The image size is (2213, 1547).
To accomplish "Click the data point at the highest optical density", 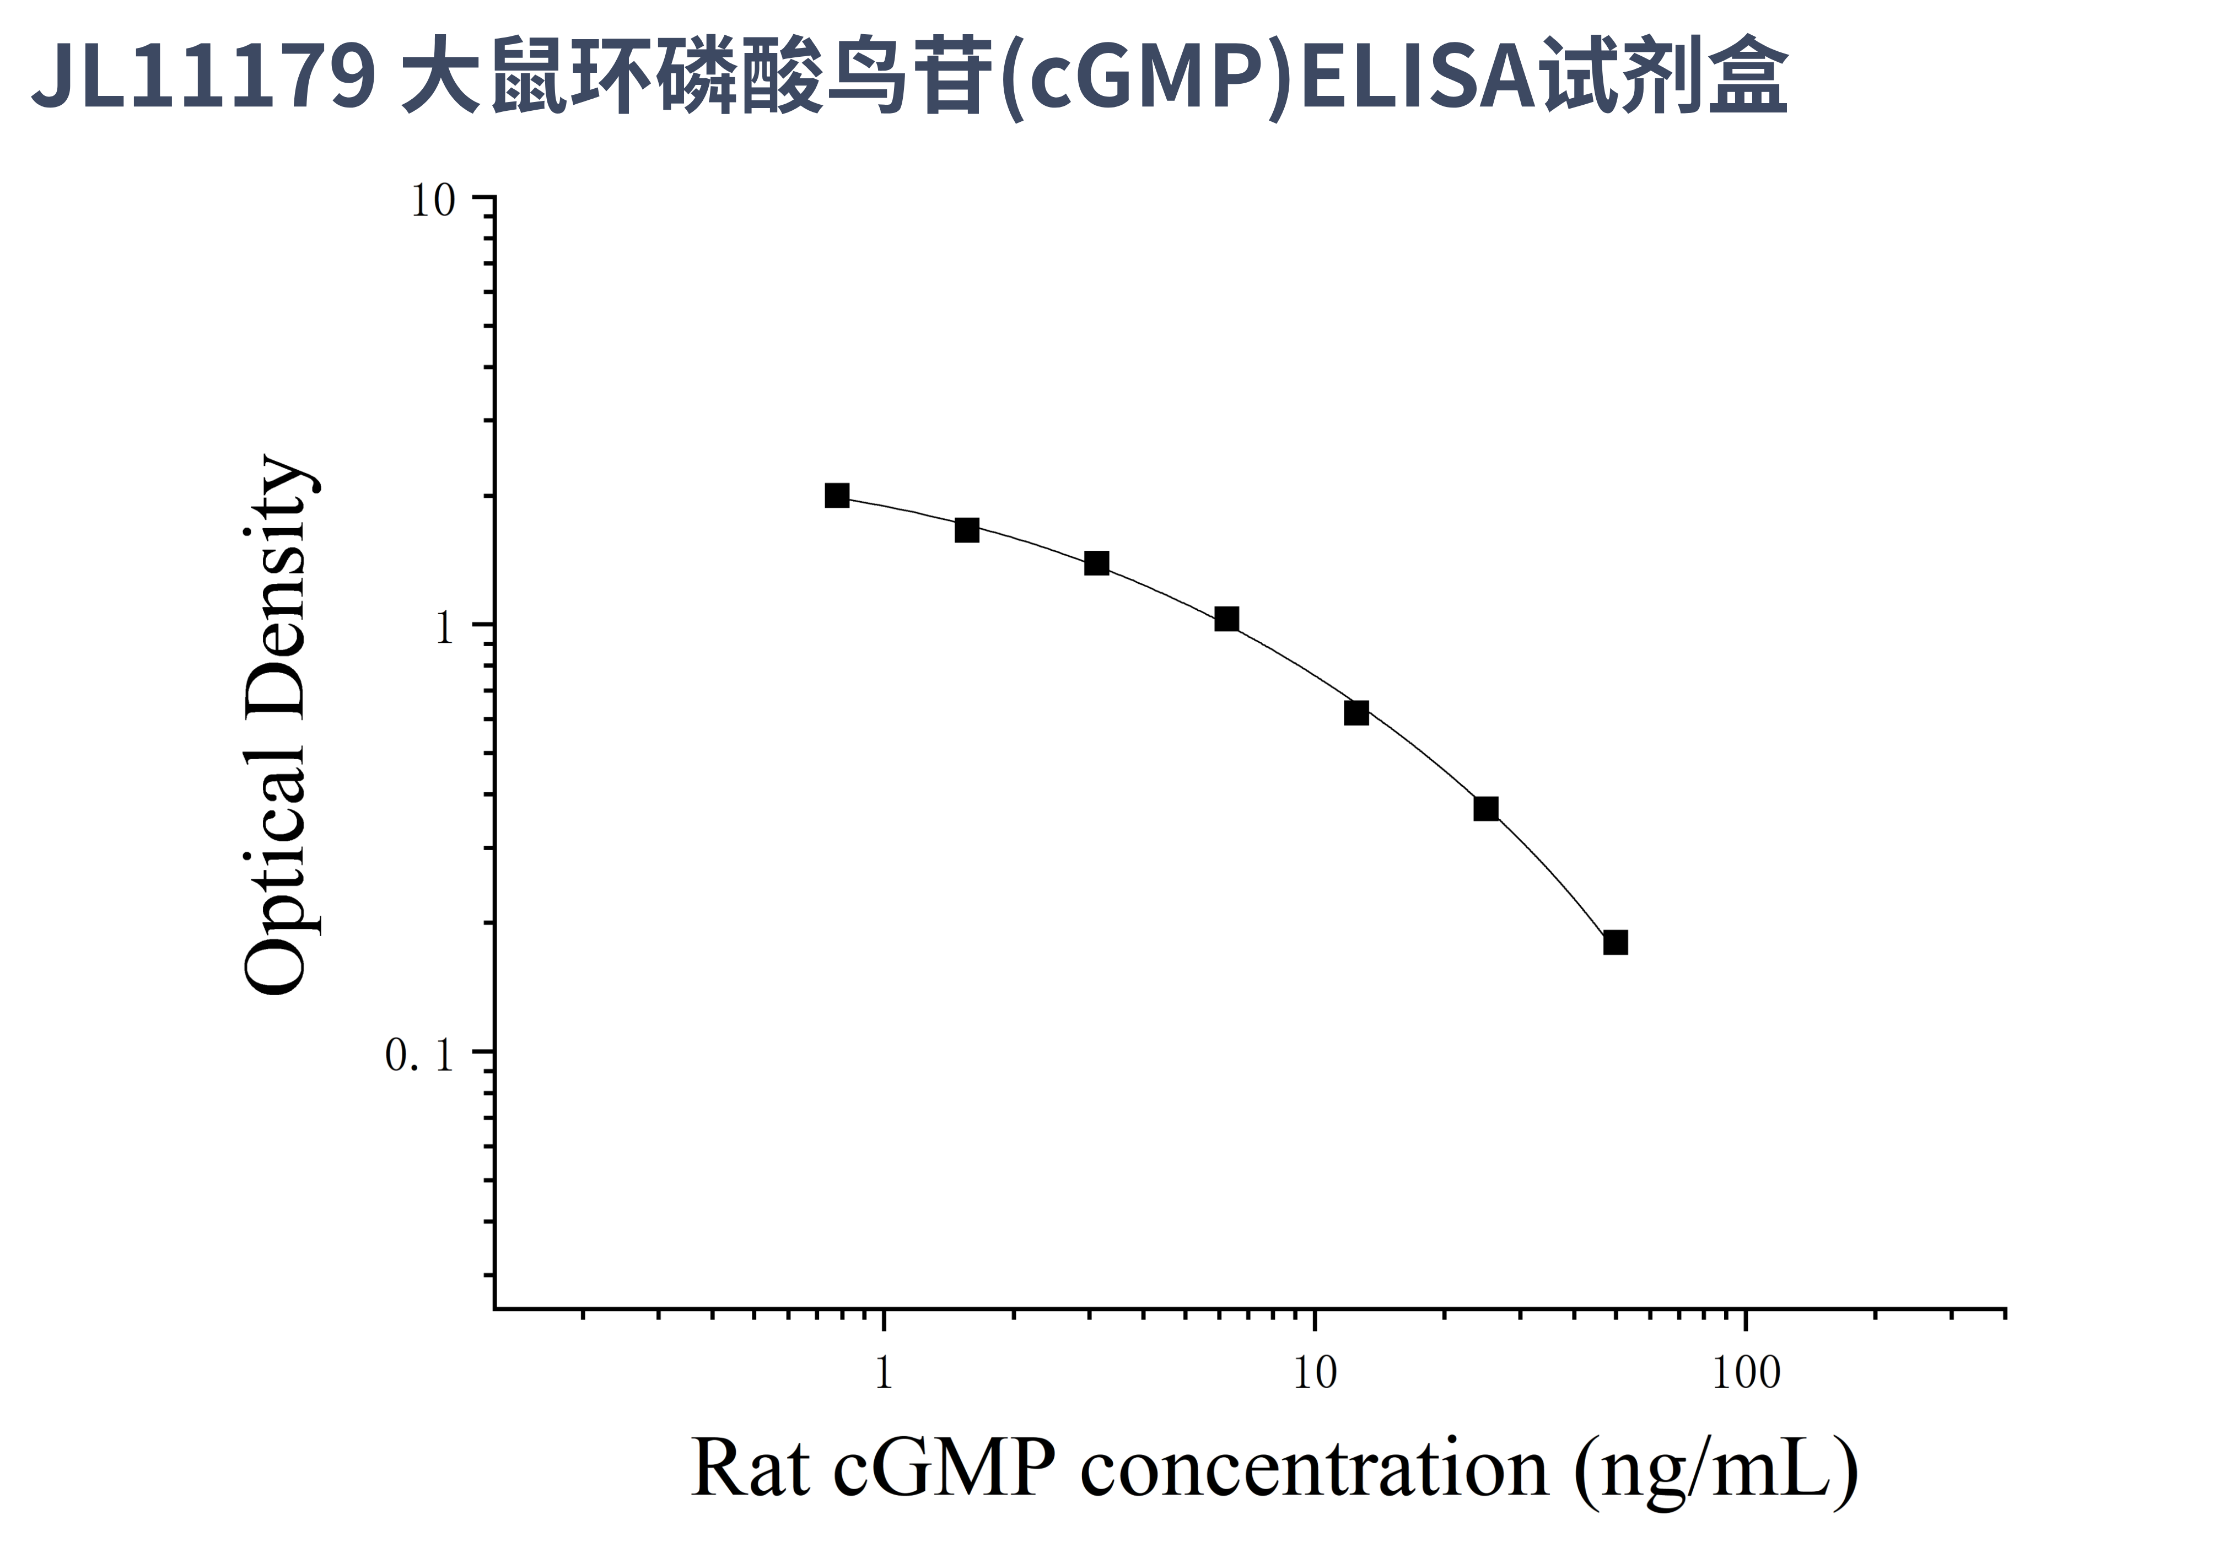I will [x=837, y=496].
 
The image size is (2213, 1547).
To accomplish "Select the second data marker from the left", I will [x=967, y=530].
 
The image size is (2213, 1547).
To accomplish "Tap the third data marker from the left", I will [x=1096, y=563].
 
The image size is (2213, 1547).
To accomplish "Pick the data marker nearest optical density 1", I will [x=1226, y=619].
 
